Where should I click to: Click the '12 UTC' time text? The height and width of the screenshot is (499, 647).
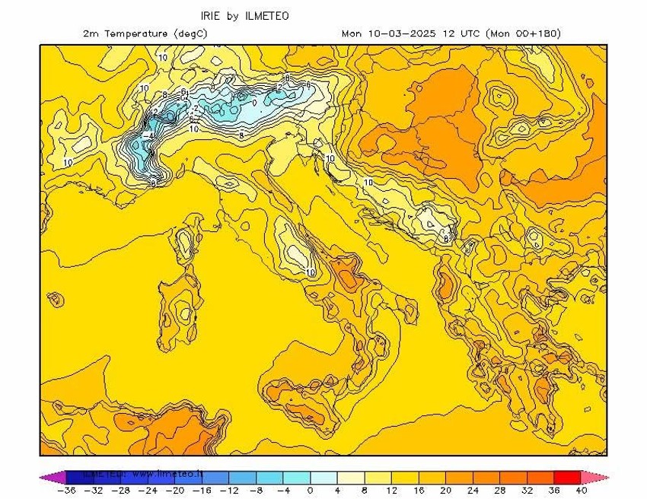[457, 33]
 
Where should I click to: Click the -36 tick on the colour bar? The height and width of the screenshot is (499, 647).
[66, 491]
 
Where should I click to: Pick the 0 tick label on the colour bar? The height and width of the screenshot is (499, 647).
[310, 491]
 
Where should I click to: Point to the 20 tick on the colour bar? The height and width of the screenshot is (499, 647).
[447, 491]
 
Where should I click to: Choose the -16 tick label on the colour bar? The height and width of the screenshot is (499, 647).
[203, 491]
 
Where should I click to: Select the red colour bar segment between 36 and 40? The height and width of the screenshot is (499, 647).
[567, 477]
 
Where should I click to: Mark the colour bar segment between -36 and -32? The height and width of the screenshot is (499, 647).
[80, 477]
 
